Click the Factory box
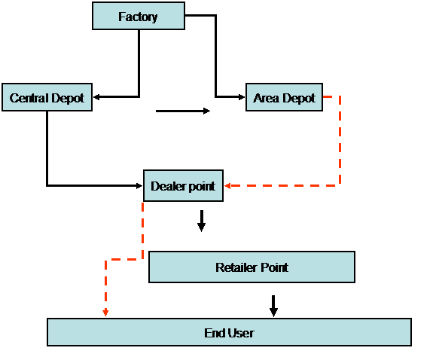tap(139, 16)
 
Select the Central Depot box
tap(47, 97)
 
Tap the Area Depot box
tap(284, 97)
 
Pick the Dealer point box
tap(183, 185)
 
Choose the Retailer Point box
tap(252, 267)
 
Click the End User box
tap(229, 332)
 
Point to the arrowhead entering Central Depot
tap(96, 97)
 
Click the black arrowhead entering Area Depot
tap(242, 97)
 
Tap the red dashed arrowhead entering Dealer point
tap(227, 185)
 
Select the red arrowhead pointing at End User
tap(105, 313)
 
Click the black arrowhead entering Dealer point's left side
tap(139, 185)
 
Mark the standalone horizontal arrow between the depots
tap(183, 111)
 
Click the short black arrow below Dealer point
tap(202, 221)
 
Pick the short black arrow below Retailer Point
tap(273, 306)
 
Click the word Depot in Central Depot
tap(68, 99)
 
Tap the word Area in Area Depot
tap(266, 98)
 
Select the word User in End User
tap(240, 333)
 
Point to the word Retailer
tap(236, 267)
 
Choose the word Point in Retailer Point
tap(274, 267)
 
